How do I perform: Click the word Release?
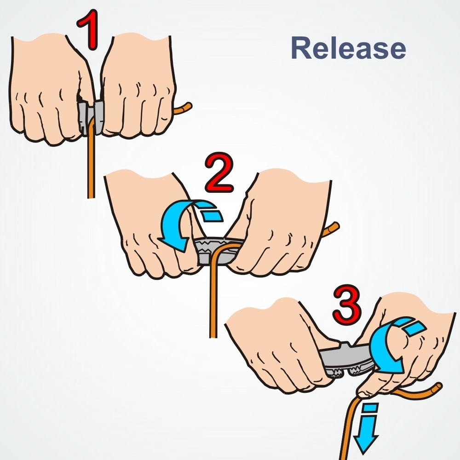click(348, 47)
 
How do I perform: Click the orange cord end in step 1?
click(184, 109)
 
